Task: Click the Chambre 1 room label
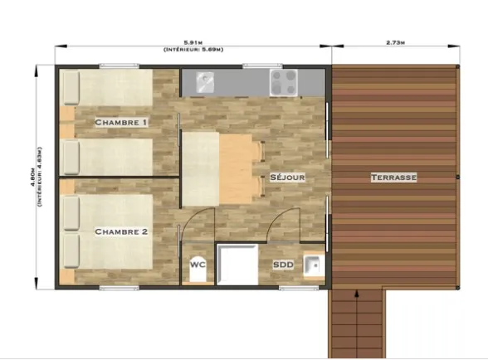coord(121,123)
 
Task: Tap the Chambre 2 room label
coord(121,231)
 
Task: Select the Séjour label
coord(287,178)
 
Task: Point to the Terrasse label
coord(393,178)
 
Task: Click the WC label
coord(198,264)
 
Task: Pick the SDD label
coord(282,265)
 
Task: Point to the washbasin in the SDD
coord(312,265)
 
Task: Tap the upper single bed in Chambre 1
coord(112,88)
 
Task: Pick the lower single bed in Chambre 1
coord(112,155)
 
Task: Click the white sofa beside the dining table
coord(200,169)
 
